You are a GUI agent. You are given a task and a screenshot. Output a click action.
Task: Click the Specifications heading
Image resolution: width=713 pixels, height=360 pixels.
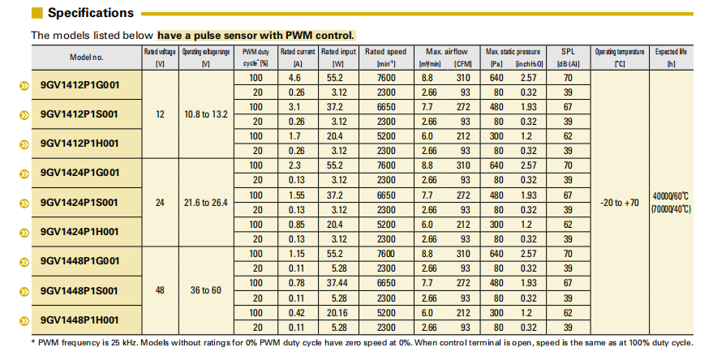tap(90, 13)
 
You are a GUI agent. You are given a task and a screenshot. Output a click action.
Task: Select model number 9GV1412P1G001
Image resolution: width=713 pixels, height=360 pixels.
tap(79, 85)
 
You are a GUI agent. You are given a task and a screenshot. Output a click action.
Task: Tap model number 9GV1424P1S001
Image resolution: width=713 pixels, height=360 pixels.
tap(79, 202)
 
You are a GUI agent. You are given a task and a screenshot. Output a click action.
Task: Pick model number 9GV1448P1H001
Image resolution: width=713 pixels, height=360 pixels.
tap(79, 319)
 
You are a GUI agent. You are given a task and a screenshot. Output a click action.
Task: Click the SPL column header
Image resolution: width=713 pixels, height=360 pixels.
tap(568, 58)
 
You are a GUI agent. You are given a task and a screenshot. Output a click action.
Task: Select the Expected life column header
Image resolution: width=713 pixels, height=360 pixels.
tap(671, 58)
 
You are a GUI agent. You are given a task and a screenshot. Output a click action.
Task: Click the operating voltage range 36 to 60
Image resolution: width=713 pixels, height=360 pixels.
tap(204, 289)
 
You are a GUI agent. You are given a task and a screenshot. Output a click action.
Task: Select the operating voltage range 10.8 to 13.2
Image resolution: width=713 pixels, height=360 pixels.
tap(204, 114)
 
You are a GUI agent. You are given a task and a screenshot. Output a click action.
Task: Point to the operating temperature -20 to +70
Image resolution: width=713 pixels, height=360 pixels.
tap(620, 202)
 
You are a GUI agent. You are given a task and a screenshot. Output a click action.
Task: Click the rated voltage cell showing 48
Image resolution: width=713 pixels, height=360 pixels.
tap(160, 289)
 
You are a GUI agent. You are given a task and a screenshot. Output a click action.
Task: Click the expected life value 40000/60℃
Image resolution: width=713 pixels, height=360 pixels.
tap(670, 195)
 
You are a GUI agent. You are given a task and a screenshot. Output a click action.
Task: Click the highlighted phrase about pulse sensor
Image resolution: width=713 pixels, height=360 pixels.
tap(256, 36)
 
